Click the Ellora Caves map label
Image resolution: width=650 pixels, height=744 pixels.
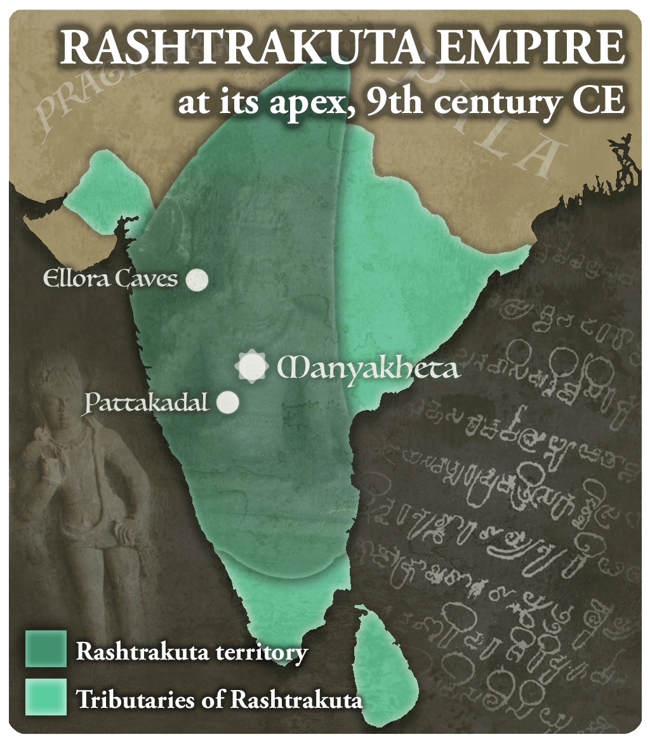coord(110,279)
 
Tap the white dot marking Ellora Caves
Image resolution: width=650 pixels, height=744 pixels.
coord(197,279)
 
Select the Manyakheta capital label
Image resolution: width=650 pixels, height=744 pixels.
coord(369,368)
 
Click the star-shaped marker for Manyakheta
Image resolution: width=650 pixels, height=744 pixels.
coord(251,367)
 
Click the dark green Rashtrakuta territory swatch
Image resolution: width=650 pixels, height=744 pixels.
coord(46,648)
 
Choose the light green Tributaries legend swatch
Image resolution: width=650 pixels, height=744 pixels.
coord(46,697)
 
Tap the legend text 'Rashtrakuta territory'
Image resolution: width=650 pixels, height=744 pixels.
coord(192,651)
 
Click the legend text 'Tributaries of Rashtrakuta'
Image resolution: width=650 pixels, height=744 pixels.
coord(220,700)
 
